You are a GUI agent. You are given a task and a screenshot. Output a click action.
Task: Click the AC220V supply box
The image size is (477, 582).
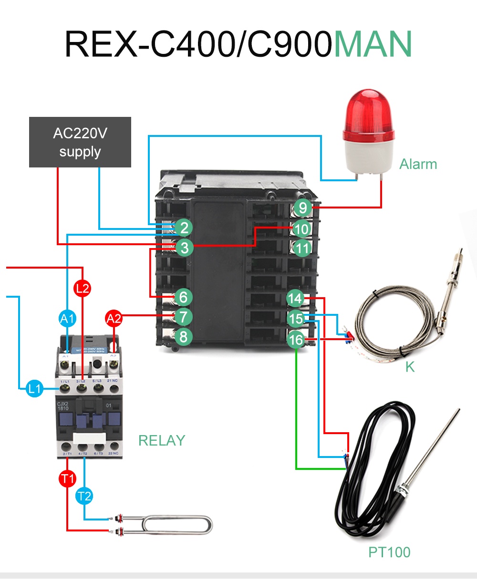tap(80, 142)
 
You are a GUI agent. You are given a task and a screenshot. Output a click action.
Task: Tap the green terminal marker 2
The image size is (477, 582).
tap(184, 228)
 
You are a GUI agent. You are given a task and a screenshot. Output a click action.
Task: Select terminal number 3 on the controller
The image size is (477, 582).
tap(184, 248)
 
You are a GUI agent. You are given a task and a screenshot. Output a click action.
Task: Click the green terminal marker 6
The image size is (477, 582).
tap(183, 297)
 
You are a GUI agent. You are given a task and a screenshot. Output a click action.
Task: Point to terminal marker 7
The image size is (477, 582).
tap(183, 316)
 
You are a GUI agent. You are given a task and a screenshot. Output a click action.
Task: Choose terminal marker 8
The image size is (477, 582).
tap(183, 337)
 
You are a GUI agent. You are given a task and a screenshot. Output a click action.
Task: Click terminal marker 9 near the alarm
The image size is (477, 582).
tap(302, 208)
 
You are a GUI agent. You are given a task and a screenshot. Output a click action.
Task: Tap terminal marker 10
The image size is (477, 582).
tap(301, 229)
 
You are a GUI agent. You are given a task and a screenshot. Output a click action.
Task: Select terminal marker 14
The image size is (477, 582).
tap(295, 299)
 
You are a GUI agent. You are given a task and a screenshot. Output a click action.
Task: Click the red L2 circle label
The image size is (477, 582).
tap(83, 288)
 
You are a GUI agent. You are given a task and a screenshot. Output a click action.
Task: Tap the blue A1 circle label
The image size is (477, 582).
tap(67, 318)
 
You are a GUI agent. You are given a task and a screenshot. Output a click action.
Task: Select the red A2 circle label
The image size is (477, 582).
tap(114, 318)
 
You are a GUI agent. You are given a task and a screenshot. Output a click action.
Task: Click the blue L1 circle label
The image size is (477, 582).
tap(34, 389)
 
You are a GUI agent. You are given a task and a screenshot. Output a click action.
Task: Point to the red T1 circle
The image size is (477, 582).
tap(67, 478)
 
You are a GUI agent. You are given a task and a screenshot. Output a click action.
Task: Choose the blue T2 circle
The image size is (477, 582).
tap(84, 496)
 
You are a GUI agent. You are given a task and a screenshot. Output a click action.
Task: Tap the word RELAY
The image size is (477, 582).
tap(162, 440)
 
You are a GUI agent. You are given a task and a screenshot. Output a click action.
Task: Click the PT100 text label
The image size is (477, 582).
tap(389, 552)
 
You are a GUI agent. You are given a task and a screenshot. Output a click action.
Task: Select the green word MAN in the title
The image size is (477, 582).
tap(373, 44)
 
